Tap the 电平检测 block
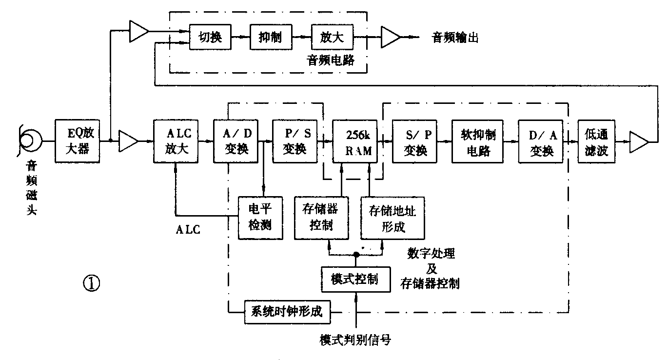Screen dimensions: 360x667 point(260,218)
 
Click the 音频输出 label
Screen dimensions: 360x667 point(455,38)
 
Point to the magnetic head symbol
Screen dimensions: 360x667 point(26,140)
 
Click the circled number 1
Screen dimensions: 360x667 point(92,283)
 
